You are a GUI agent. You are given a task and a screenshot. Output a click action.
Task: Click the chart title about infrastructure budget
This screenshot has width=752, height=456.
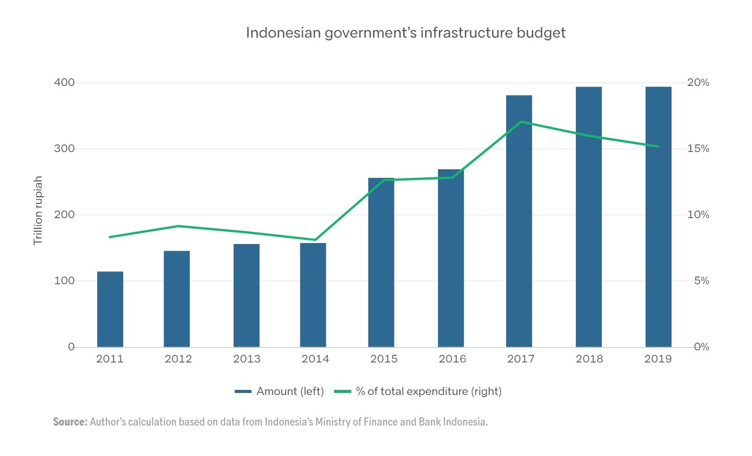point(406,33)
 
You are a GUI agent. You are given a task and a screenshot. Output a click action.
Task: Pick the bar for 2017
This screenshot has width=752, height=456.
point(519,221)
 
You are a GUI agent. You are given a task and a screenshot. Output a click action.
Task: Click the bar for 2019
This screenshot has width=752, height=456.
point(658,217)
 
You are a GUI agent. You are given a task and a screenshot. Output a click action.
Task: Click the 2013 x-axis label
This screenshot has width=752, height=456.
point(246,359)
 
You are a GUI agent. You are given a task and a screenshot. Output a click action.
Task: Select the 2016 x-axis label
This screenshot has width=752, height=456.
point(452,359)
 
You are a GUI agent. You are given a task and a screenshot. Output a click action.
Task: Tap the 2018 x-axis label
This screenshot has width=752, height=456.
point(589,359)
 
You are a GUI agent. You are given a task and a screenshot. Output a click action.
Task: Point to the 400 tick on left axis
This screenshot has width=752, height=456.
point(64,82)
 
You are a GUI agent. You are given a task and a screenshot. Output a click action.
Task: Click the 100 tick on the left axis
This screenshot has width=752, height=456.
point(64,281)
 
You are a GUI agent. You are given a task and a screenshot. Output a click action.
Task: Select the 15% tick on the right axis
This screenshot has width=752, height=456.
point(698,148)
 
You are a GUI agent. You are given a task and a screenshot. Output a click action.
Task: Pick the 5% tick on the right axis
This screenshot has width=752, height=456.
point(701,281)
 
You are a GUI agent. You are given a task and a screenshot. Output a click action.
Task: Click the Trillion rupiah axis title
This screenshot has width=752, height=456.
point(38,210)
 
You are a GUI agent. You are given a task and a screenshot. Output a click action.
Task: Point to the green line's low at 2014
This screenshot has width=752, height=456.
point(315,240)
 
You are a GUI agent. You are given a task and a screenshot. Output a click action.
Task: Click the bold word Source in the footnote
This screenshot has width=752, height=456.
point(70,422)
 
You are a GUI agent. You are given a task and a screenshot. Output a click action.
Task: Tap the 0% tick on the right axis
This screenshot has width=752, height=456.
point(701,347)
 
